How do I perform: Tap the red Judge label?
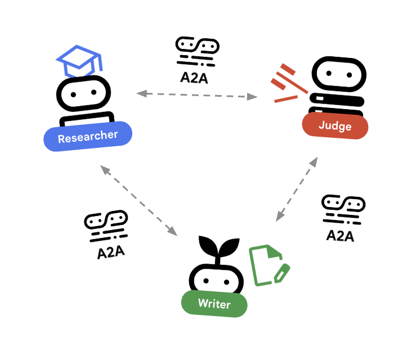click(335, 125)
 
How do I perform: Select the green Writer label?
click(214, 304)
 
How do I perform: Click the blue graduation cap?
click(79, 60)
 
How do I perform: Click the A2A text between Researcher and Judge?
click(194, 78)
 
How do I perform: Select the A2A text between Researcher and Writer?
click(110, 252)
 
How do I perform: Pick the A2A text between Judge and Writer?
click(340, 235)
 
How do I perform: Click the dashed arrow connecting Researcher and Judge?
click(196, 95)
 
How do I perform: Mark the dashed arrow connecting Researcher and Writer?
click(138, 200)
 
